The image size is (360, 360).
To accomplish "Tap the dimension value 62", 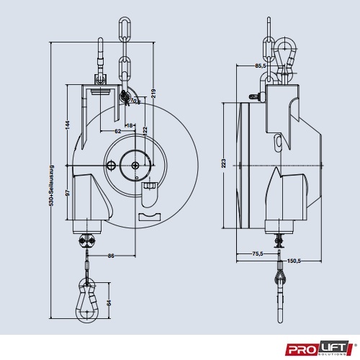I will (117, 131).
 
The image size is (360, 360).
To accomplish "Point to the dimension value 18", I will (130, 125).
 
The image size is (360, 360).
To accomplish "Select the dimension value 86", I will (111, 255).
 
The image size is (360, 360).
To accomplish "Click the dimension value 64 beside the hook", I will (109, 302).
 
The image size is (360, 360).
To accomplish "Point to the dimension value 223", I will (225, 163).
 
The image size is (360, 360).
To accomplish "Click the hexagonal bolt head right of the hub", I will (150, 188).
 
